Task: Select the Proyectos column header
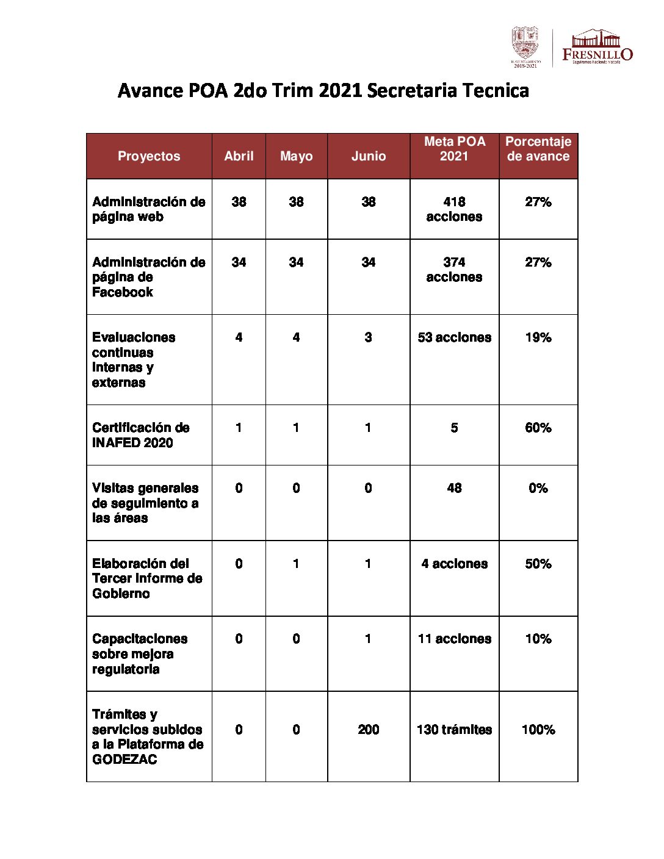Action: point(149,156)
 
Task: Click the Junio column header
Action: point(368,156)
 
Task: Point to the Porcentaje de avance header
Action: point(538,149)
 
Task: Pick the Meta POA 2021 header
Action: point(454,149)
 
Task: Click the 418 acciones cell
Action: point(454,209)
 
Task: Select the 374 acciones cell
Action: point(454,269)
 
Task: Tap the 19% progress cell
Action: point(538,337)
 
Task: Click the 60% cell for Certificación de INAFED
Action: point(538,428)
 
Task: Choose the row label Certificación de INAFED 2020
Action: point(140,435)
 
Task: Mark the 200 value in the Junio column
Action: point(368,730)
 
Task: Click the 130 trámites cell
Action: point(454,730)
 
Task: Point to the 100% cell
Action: point(538,730)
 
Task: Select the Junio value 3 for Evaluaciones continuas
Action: point(368,337)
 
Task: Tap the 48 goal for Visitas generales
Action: point(454,488)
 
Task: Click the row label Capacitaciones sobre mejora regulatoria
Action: point(139,654)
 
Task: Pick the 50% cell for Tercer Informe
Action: point(538,564)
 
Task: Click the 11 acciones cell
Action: point(454,639)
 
